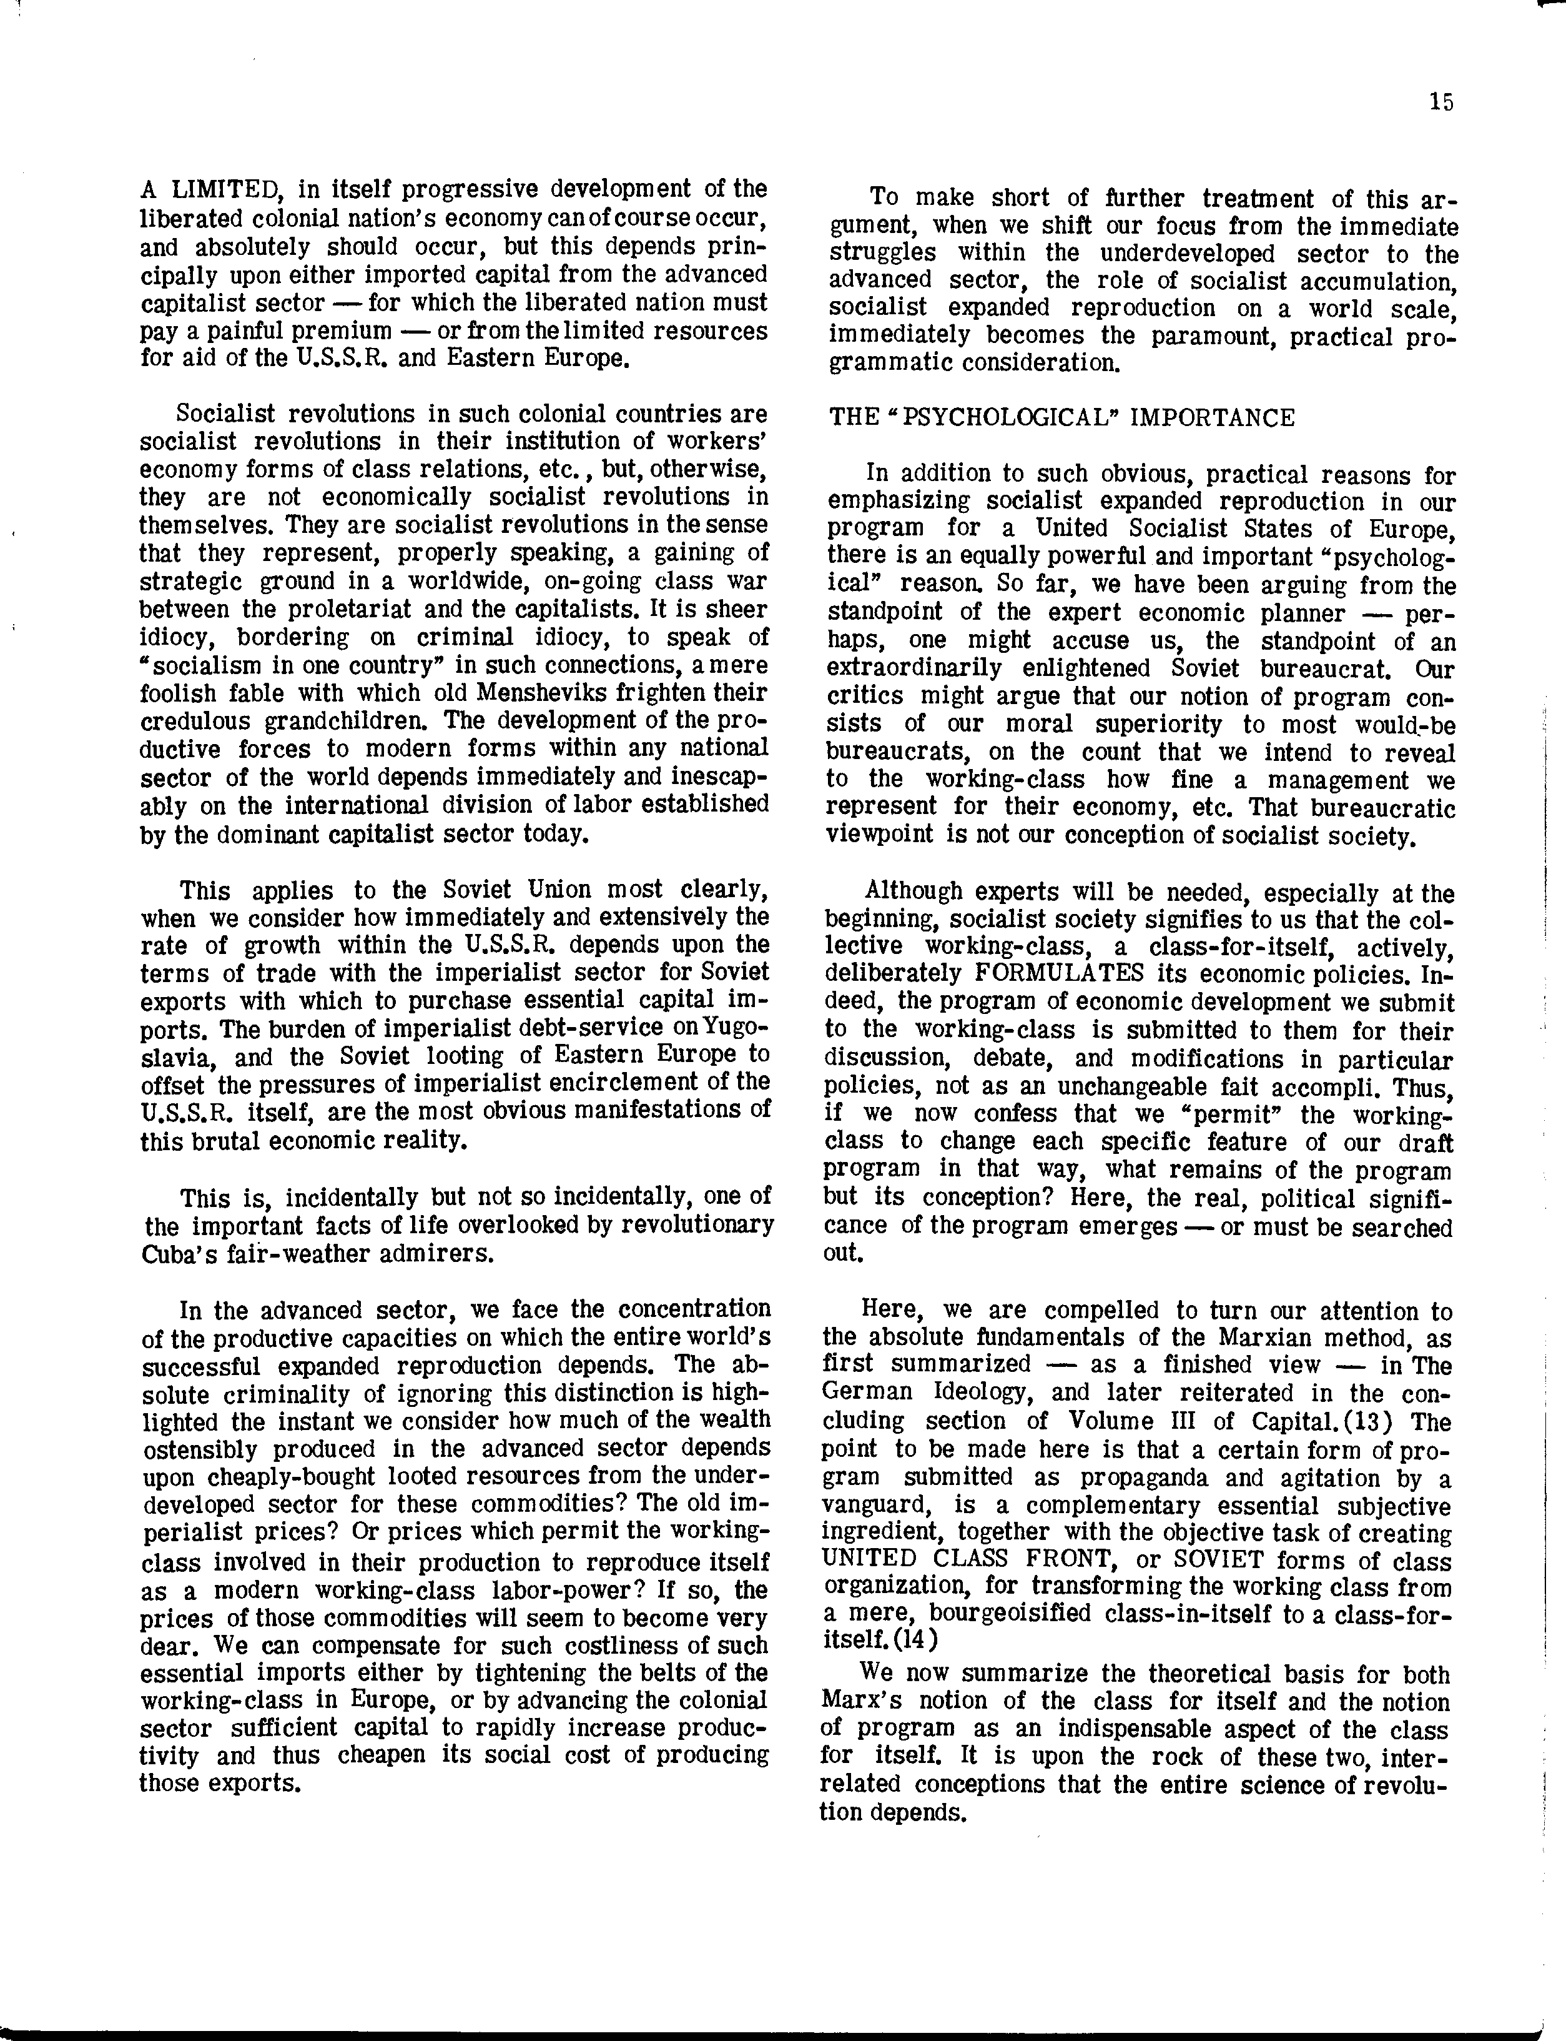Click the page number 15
1440,102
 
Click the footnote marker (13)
1362,1422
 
